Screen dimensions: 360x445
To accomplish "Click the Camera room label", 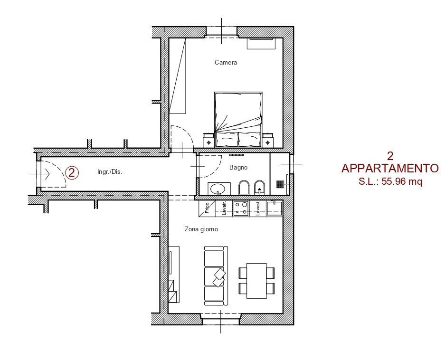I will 226,63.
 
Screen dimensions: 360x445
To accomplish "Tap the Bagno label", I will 238,168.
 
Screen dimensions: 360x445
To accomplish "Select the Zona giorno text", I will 201,229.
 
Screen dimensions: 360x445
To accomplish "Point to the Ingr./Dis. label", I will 110,172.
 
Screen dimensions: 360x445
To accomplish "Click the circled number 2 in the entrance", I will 72,173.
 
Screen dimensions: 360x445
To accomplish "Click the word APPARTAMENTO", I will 390,169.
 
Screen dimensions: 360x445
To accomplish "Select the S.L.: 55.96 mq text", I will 390,181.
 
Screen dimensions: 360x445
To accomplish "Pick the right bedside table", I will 268,141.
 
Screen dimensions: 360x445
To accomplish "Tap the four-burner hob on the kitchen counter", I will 240,208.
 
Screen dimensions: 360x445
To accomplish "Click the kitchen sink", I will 275,208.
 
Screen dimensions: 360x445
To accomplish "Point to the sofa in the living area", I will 215,275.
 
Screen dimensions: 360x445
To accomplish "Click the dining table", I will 256,280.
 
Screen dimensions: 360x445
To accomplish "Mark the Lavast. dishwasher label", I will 257,208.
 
